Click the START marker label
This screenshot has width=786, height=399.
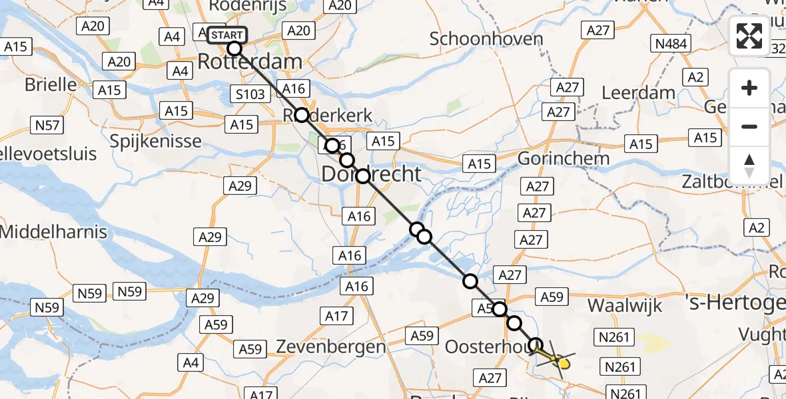coord(227,35)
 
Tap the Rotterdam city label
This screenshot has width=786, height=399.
coord(250,63)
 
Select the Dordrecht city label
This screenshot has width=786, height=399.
coord(372,174)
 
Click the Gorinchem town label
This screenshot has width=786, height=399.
coord(564,159)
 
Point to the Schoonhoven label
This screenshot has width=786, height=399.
coord(486,39)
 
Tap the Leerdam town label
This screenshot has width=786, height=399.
coord(638,92)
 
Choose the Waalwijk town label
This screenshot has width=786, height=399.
coord(625,305)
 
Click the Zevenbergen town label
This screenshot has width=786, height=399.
coord(330,346)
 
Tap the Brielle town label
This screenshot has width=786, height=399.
coord(51,84)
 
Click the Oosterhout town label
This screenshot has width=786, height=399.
coord(482,346)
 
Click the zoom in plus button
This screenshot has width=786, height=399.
coord(749,88)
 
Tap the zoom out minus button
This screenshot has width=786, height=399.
coord(749,126)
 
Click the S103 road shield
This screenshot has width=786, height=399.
coord(250,94)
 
